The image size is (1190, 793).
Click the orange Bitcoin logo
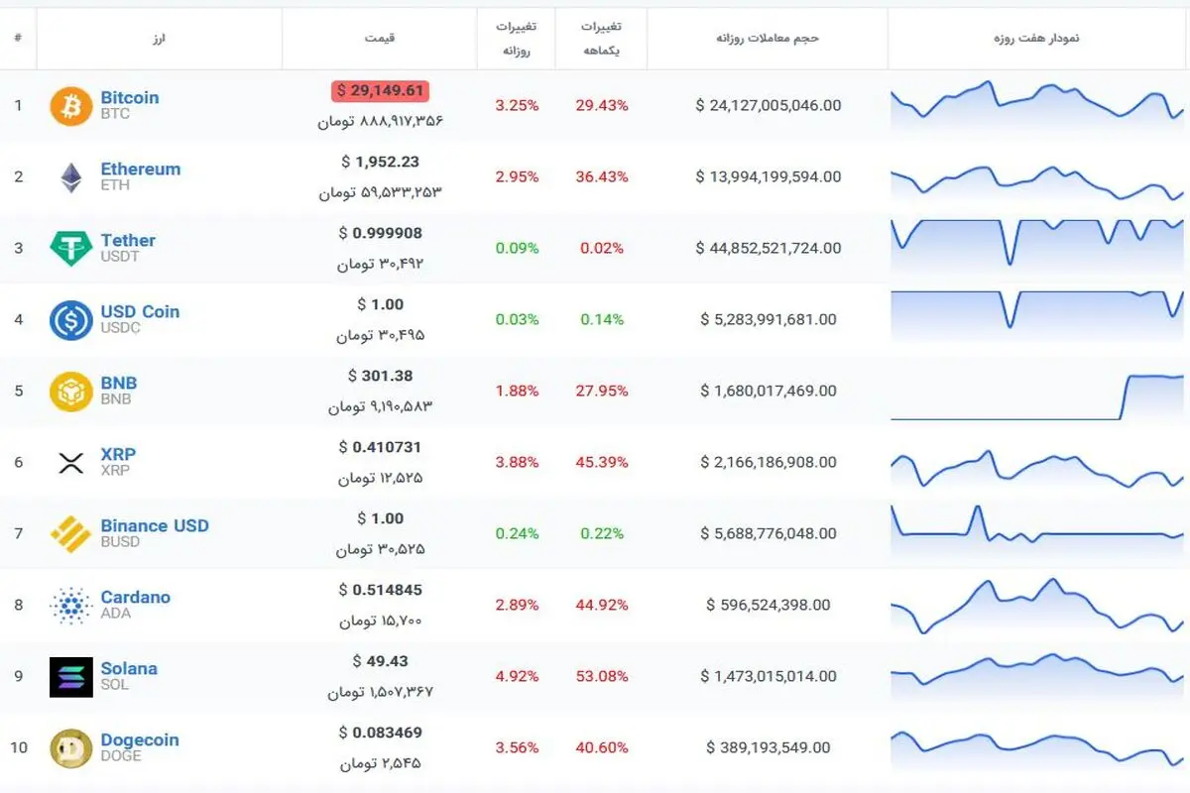tap(71, 106)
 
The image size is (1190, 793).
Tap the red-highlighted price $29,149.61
tap(381, 91)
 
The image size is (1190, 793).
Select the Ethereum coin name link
tap(141, 169)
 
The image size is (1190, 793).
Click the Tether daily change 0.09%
tap(517, 248)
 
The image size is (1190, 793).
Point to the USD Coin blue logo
tap(71, 320)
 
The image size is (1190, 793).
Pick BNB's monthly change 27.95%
tap(602, 391)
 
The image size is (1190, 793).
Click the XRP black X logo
tap(71, 463)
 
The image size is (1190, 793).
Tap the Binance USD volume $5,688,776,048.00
tap(769, 533)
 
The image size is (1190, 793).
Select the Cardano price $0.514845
tap(381, 590)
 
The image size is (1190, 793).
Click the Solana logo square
tap(71, 677)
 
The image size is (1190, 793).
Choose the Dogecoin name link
tap(140, 739)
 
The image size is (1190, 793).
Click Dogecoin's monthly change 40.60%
tap(602, 747)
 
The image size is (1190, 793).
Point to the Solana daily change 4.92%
tap(517, 676)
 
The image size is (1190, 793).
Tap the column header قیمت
tap(380, 38)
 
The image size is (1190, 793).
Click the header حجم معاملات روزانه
tap(768, 38)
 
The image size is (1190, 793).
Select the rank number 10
tap(19, 747)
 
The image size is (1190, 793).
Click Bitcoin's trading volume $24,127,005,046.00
tap(769, 105)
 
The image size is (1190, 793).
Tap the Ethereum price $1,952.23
tap(381, 162)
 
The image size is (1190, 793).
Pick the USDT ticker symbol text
tap(120, 257)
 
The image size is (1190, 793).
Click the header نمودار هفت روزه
tap(1036, 38)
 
